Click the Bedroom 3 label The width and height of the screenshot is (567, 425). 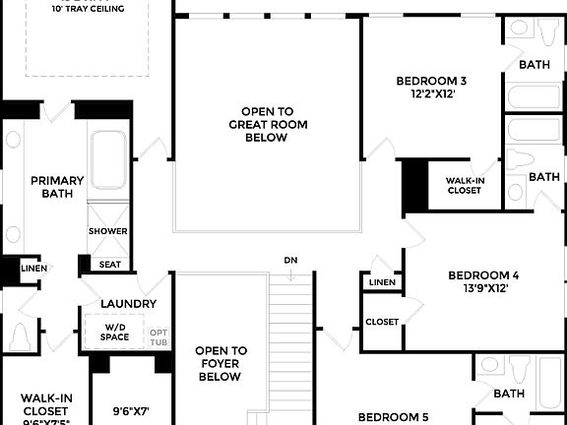(430, 81)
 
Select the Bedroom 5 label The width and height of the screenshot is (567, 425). (393, 417)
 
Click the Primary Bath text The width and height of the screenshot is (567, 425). (56, 187)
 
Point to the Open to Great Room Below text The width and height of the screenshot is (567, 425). (266, 125)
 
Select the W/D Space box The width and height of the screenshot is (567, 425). (114, 332)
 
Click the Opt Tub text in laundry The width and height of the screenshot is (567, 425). (158, 337)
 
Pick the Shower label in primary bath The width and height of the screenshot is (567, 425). (107, 231)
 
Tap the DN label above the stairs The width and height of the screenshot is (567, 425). (290, 261)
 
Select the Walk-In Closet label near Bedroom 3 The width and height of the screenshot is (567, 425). (464, 185)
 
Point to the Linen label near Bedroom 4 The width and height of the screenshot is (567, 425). (382, 283)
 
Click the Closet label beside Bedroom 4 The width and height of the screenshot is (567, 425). (382, 322)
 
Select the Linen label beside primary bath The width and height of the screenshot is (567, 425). (33, 269)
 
